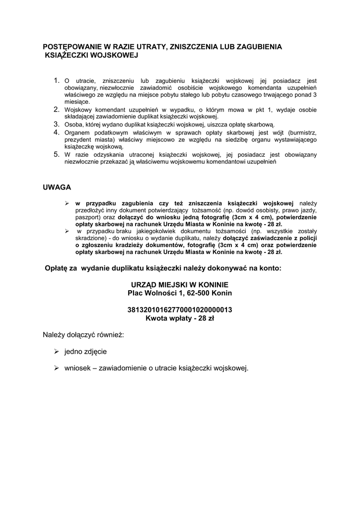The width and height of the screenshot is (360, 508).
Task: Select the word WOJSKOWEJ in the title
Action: point(116,56)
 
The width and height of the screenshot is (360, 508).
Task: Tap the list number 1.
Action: point(57,80)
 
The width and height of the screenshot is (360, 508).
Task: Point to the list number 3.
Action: point(57,124)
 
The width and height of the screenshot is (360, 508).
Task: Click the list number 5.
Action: point(57,154)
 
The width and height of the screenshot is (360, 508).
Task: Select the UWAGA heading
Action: point(57,188)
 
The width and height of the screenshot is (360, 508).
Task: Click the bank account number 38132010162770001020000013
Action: point(180,310)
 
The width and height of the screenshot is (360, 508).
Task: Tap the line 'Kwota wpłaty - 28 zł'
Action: point(180,318)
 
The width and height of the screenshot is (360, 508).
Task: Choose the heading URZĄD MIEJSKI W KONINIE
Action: point(180,284)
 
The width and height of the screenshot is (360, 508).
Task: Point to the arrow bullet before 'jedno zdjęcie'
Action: point(56,351)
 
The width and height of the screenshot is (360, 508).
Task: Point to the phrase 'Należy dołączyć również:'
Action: point(83,335)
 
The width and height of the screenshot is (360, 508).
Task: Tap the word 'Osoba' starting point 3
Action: point(73,125)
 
